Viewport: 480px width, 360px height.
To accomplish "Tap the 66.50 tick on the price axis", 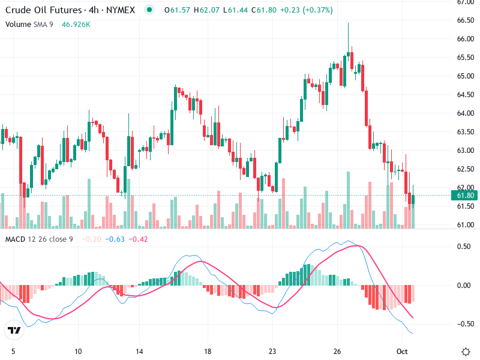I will [x=466, y=20].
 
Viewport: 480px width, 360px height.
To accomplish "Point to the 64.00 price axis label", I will [x=466, y=113].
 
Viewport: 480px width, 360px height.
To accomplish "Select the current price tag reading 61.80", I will [x=466, y=196].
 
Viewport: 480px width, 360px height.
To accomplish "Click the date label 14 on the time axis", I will [x=139, y=351].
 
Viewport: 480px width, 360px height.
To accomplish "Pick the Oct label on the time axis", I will [x=403, y=351].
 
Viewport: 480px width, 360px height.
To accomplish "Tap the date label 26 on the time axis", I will [x=337, y=351].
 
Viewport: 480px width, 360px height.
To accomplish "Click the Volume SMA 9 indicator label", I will [x=29, y=25].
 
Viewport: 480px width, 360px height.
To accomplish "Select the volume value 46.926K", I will [x=76, y=25].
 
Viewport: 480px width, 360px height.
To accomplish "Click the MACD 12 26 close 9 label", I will [x=39, y=239].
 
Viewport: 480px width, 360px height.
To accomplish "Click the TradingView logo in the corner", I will [x=14, y=330].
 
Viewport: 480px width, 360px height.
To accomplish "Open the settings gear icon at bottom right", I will [x=465, y=351].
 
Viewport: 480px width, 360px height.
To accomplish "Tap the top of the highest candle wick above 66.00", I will [x=349, y=23].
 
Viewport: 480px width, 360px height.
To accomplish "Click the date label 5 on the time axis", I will [x=13, y=351].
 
